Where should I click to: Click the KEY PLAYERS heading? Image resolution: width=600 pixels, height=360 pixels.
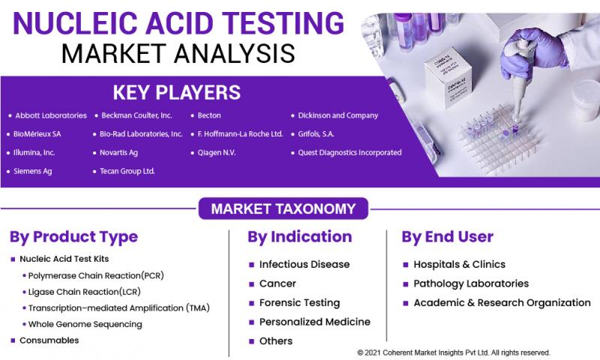point(176,92)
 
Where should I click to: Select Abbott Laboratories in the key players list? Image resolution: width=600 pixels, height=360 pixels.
point(51,115)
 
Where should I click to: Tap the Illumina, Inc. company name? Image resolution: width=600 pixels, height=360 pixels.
point(34,152)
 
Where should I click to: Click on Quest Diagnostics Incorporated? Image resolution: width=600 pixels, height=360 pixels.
point(350,152)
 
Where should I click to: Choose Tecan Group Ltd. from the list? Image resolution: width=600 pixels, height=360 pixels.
point(127,171)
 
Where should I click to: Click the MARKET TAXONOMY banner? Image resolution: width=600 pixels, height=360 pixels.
point(277,208)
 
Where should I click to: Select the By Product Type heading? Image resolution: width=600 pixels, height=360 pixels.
point(73,237)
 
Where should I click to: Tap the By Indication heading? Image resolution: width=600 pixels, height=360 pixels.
point(299,237)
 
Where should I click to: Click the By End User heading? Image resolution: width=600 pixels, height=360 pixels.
point(447,237)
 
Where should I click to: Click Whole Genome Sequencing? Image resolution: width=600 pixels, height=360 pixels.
point(85,324)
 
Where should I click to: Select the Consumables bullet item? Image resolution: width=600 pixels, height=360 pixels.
point(49,340)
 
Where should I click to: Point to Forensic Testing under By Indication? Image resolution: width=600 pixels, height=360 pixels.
point(299,303)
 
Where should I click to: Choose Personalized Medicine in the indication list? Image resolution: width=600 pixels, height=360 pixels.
point(314,322)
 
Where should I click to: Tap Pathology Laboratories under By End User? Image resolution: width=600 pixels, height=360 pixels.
point(470,284)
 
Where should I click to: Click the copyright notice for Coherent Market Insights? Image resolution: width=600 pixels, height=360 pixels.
point(454,352)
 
